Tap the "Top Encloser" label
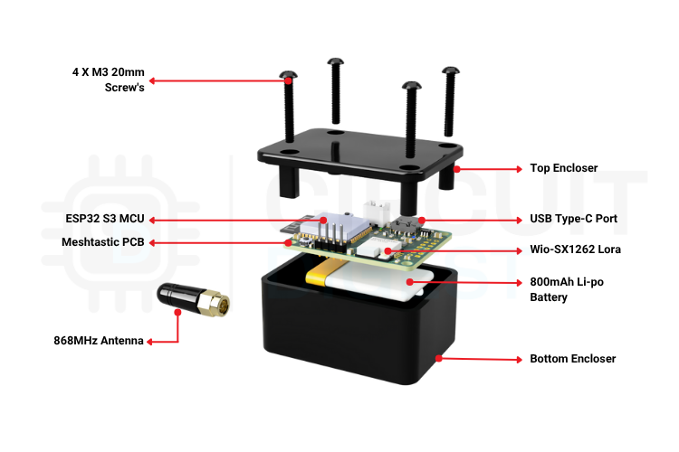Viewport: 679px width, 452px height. tap(563, 168)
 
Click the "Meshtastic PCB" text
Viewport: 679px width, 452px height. tap(103, 242)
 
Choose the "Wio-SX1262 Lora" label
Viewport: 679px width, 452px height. tap(575, 250)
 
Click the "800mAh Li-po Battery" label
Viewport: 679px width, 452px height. tap(566, 289)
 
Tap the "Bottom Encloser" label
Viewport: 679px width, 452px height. tap(572, 359)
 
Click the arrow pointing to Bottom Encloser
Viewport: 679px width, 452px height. tap(480, 359)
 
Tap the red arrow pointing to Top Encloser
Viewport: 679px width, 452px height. tap(489, 168)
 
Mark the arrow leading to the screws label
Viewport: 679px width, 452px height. tap(217, 80)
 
